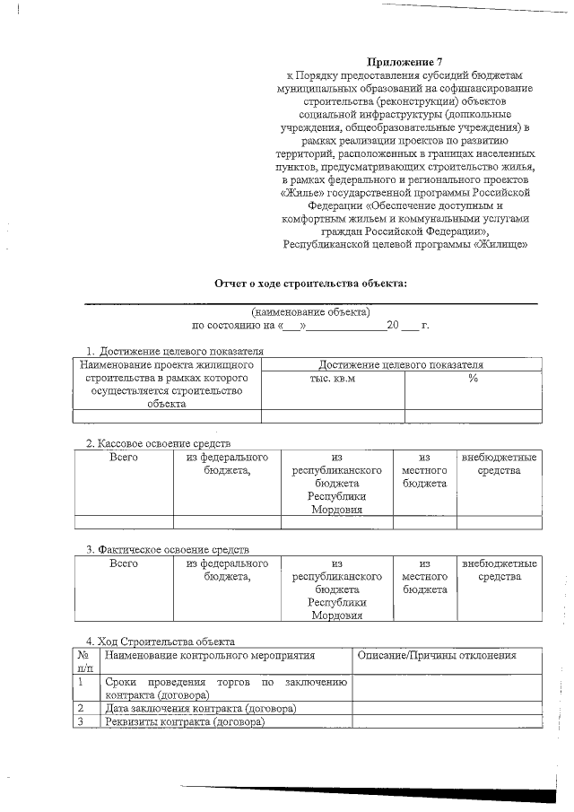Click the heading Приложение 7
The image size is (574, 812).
[406, 61]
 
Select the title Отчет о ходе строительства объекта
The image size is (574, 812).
[310, 284]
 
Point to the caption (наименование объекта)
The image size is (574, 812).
[310, 312]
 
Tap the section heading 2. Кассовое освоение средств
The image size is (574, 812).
[158, 443]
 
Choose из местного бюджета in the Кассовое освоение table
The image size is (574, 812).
[425, 470]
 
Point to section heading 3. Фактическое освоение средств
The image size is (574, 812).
[167, 548]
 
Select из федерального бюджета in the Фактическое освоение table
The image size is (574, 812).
[227, 570]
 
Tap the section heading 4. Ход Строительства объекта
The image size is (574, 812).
[160, 642]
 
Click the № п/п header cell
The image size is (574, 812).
[86, 662]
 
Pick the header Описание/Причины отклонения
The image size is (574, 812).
[436, 656]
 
